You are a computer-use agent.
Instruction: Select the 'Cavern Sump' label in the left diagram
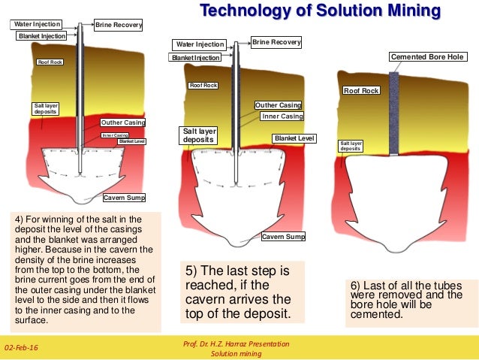coord(123,198)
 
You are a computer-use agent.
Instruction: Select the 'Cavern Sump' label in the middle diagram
coord(283,237)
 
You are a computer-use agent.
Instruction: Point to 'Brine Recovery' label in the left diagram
coord(118,26)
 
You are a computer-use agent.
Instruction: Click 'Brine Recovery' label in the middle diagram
coord(276,43)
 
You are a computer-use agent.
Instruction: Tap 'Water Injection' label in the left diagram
coord(37,25)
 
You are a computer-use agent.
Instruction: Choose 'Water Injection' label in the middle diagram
coord(200,44)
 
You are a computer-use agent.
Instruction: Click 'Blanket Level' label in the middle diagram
coord(294,138)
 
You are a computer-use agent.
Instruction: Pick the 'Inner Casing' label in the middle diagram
coord(282,116)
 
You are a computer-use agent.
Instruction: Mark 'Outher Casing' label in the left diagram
coord(122,122)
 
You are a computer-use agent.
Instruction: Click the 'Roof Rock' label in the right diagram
coord(361,90)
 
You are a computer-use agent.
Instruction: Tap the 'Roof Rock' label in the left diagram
coord(50,62)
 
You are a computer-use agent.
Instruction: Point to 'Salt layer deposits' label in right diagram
coord(351,146)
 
